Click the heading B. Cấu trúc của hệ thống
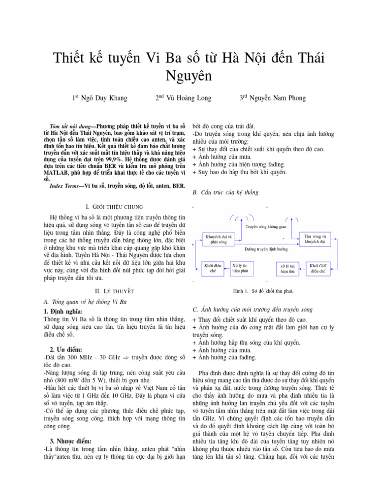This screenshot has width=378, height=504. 225,192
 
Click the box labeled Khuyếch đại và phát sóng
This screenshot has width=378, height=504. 219,240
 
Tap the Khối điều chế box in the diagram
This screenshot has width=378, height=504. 213,268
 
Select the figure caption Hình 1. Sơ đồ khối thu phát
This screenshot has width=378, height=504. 264,291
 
